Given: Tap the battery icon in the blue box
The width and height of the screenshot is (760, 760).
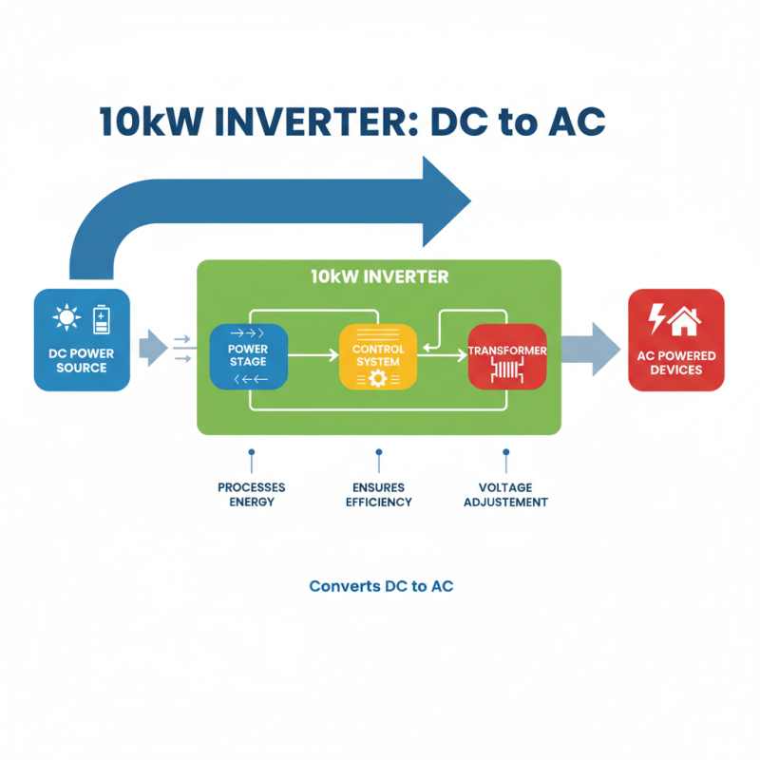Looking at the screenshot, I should point(101,320).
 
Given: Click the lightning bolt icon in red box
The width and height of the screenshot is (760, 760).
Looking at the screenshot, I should point(656,318).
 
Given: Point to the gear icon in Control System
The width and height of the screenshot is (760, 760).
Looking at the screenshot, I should point(377,379).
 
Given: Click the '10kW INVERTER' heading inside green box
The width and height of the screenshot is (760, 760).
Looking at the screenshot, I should point(378,277).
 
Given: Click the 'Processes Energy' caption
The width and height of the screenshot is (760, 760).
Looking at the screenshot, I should point(251,494).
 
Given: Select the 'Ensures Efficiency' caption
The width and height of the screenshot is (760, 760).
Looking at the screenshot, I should point(378,494).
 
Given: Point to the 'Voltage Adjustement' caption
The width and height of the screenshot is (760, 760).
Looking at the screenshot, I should point(505,494).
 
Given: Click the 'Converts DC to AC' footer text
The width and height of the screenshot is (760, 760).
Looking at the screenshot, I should point(381,586).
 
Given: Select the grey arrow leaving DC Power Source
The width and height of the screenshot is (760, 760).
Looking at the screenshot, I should point(152,348).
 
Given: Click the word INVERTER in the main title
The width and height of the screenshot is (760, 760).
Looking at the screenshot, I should point(324,124).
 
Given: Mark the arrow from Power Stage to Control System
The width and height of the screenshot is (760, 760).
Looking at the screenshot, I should point(313,355).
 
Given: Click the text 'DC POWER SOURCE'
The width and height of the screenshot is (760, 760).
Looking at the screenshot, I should point(81,361).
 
